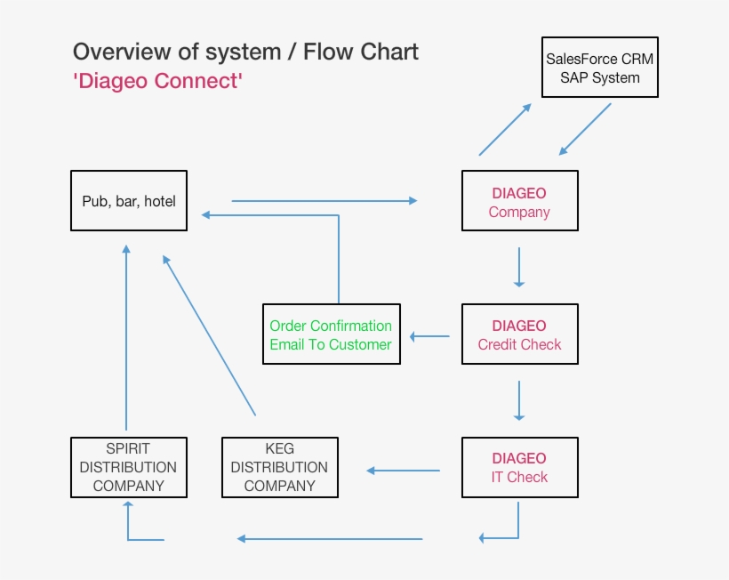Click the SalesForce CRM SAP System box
pyautogui.click(x=600, y=68)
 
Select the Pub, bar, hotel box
pyautogui.click(x=129, y=201)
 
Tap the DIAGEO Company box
pyautogui.click(x=519, y=202)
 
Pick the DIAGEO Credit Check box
pyautogui.click(x=519, y=334)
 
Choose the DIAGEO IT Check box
pyautogui.click(x=519, y=467)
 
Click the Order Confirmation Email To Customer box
pyautogui.click(x=331, y=334)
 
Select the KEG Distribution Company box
pyautogui.click(x=280, y=467)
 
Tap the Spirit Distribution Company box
pyautogui.click(x=129, y=467)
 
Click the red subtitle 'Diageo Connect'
pyautogui.click(x=158, y=81)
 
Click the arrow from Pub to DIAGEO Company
pyautogui.click(x=324, y=201)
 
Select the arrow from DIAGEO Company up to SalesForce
pyautogui.click(x=505, y=130)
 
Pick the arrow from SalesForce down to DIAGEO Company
pyautogui.click(x=585, y=129)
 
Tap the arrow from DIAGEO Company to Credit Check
pyautogui.click(x=519, y=267)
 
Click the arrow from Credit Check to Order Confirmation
pyautogui.click(x=429, y=336)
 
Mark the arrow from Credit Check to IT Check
pyautogui.click(x=519, y=400)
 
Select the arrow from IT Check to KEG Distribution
pyautogui.click(x=404, y=471)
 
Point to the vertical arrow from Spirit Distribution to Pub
pyautogui.click(x=126, y=338)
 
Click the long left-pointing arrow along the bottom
pyautogui.click(x=329, y=538)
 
